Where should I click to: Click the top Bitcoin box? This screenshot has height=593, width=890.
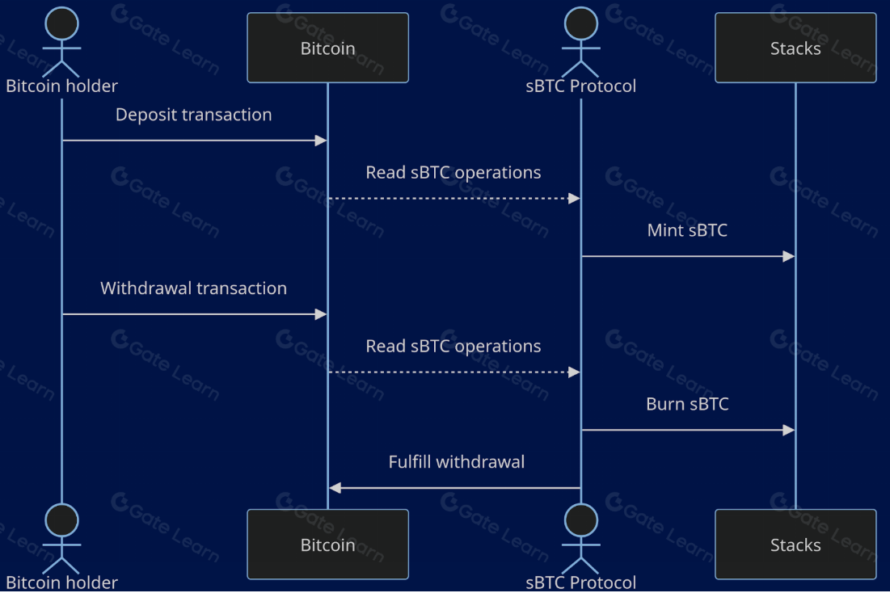pos(327,48)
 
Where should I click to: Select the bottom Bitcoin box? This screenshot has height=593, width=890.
pos(327,545)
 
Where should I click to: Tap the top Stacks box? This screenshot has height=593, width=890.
pos(795,48)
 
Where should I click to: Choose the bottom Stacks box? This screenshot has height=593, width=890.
pos(795,545)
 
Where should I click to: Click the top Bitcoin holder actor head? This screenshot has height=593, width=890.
pos(61,23)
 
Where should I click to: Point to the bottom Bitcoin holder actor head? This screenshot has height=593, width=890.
pos(61,520)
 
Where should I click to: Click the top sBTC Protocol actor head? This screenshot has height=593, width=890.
pos(580,23)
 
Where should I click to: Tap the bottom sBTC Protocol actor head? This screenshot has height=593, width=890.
pos(580,520)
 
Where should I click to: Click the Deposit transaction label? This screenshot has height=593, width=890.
pos(194,115)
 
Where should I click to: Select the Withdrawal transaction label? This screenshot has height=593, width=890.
pos(194,288)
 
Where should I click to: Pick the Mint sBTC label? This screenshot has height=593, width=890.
pos(687,230)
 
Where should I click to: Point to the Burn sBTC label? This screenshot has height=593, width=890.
pos(687,404)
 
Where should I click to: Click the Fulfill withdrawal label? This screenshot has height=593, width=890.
pos(457,462)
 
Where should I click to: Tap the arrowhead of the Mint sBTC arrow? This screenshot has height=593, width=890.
pos(789,256)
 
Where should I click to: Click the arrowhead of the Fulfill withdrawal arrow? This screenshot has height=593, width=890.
pos(335,488)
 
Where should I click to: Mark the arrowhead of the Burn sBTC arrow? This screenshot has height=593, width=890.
pos(789,430)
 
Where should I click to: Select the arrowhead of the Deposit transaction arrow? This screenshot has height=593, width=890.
pos(320,141)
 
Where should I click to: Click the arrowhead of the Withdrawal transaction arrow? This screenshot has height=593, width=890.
pos(320,314)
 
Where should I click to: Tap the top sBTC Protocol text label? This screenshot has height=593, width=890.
pos(580,86)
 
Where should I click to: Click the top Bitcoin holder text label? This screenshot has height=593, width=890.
pos(61,86)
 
